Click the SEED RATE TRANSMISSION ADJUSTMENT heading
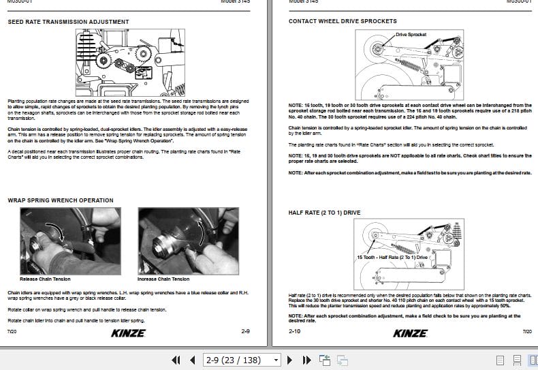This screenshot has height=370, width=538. coord(68,22)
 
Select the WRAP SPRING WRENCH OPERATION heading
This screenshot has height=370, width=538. coord(60,200)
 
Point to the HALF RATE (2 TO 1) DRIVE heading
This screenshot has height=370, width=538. coord(324,213)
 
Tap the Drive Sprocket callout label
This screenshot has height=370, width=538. coord(411,34)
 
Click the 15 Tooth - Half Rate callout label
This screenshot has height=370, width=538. coord(393,258)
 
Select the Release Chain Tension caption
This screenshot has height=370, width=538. coord(45,279)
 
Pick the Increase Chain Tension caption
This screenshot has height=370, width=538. coord(163,279)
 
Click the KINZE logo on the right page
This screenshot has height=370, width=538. coord(411,333)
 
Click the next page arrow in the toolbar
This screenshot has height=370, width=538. coord(289,360)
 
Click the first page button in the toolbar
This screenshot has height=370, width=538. coord(176,360)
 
